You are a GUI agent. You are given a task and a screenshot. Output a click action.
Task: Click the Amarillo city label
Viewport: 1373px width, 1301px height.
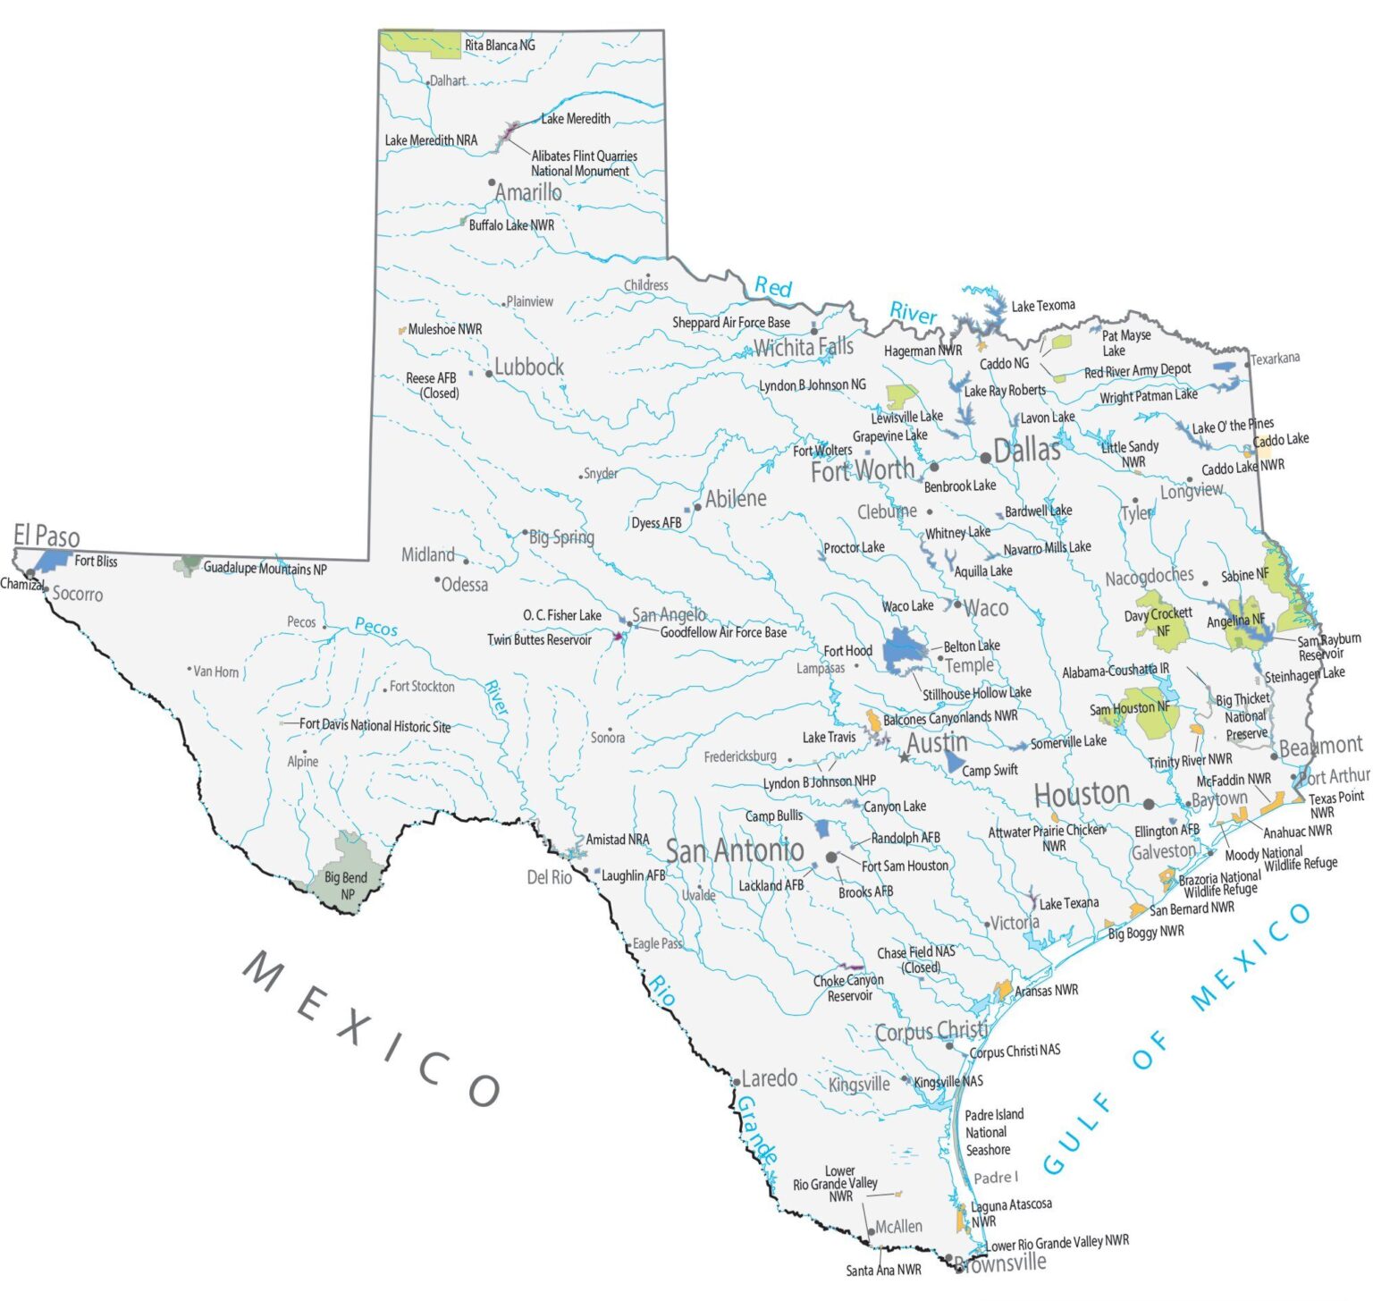point(528,192)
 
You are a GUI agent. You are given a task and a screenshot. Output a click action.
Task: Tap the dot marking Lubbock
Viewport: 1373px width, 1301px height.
point(489,374)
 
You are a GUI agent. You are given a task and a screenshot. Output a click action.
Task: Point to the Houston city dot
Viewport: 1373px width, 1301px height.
point(1149,804)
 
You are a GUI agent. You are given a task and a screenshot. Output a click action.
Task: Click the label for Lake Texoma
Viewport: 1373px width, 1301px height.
point(1043,306)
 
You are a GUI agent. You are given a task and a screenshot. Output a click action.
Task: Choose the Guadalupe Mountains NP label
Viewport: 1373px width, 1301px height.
point(265,568)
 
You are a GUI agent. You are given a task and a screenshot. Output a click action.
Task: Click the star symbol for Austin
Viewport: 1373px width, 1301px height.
point(905,757)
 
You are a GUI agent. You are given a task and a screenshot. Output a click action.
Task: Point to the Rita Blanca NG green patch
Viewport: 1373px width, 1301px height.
point(418,42)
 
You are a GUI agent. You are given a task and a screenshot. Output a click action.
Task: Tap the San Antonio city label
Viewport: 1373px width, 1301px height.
point(735,850)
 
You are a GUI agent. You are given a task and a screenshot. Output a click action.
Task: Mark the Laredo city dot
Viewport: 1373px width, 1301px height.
point(736,1082)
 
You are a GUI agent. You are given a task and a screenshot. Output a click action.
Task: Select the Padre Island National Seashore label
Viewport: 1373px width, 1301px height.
point(993,1132)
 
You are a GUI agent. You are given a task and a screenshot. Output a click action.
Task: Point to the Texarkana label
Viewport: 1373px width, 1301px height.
point(1276,359)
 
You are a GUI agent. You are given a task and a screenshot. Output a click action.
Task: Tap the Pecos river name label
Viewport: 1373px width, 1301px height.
point(376,627)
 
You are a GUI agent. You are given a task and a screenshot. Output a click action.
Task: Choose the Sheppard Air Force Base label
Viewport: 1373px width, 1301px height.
point(731,322)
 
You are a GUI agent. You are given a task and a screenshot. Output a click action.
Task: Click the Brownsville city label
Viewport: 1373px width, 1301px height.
point(1000,1263)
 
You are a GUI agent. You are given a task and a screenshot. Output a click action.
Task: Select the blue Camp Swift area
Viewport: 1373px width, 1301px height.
point(954,763)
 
